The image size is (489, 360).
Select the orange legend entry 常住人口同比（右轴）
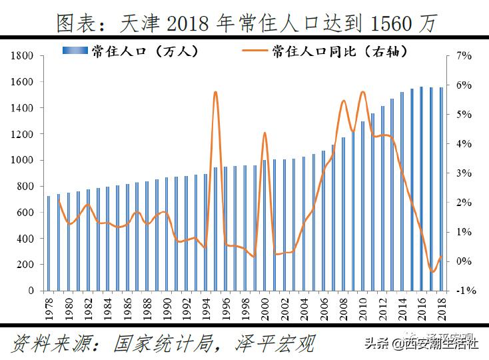point(339,51)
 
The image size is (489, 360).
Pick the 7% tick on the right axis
point(464,56)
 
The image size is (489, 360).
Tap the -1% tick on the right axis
point(464,291)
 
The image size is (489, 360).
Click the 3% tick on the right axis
point(464,173)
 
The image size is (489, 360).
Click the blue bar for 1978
point(49,243)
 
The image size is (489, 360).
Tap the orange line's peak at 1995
point(215,93)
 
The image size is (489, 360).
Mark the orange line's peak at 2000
point(264,133)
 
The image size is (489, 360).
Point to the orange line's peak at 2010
point(362,92)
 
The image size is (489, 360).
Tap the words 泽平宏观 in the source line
point(274,344)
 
